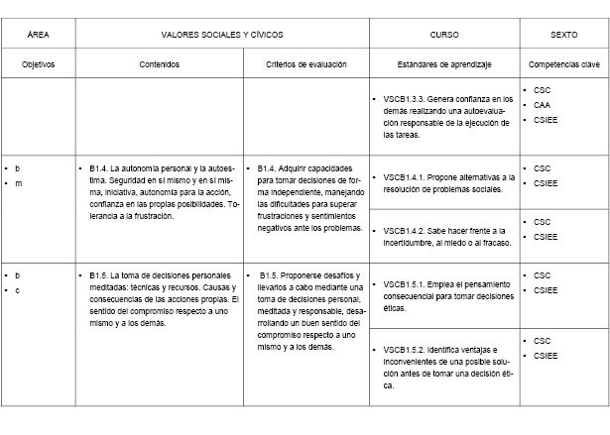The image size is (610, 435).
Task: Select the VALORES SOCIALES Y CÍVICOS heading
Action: [x=221, y=34]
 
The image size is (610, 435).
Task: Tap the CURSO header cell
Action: [x=444, y=34]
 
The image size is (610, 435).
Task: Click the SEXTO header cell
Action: [x=564, y=34]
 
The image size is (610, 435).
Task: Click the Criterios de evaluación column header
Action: [x=306, y=63]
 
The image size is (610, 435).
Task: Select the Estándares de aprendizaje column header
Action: [x=444, y=63]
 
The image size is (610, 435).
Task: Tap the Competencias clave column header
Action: [x=564, y=63]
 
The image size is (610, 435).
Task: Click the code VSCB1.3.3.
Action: [x=406, y=100]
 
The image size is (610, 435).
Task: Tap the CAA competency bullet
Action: [x=542, y=103]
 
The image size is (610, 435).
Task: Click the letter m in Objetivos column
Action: [x=17, y=182]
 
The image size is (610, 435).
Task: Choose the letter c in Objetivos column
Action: [x=17, y=289]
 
